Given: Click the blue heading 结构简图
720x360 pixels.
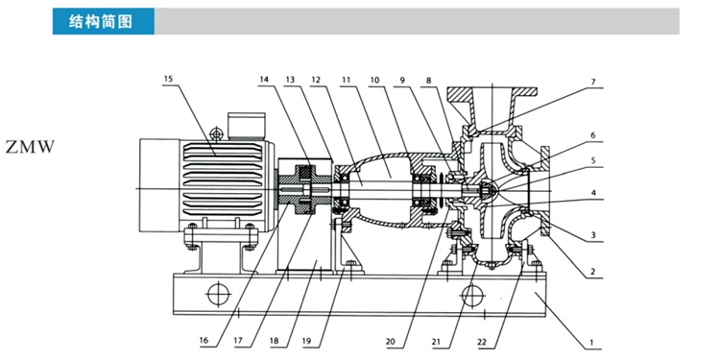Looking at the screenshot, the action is (x=101, y=21).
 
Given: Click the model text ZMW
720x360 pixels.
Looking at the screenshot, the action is (x=31, y=148).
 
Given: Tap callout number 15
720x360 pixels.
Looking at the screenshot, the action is (x=169, y=79).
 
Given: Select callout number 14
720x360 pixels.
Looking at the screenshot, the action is (x=264, y=79).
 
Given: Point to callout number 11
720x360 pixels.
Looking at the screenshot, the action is (x=346, y=79).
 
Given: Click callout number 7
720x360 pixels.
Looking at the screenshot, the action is (x=593, y=82).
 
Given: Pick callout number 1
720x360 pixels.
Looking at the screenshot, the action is (x=592, y=342).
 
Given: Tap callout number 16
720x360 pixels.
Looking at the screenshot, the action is (x=204, y=341).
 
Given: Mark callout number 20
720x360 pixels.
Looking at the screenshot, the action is (x=391, y=341).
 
